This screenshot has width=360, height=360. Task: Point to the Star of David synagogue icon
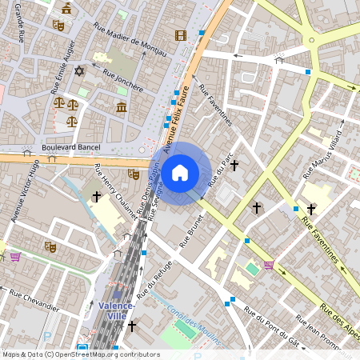click(x=78, y=72)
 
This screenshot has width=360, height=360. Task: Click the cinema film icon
click(x=180, y=34)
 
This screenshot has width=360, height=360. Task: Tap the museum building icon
click(x=122, y=106)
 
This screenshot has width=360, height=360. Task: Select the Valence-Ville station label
click(x=119, y=310)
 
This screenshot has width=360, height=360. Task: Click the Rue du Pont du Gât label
click(x=272, y=328)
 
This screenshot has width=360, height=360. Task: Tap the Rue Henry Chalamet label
click(x=116, y=194)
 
